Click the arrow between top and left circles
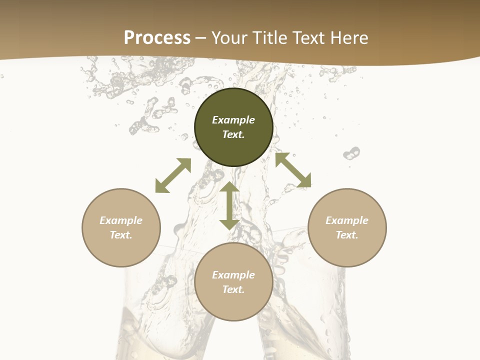point(173,175)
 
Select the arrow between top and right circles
point(293,170)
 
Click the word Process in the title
point(157,37)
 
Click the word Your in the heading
point(228,38)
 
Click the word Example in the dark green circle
point(233,120)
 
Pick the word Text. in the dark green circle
point(233,134)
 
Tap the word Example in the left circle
point(121,220)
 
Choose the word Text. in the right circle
point(347,235)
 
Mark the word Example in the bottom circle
point(233,275)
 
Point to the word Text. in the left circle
point(121,235)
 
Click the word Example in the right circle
point(347,220)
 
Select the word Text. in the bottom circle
point(233,289)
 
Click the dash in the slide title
point(201,38)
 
